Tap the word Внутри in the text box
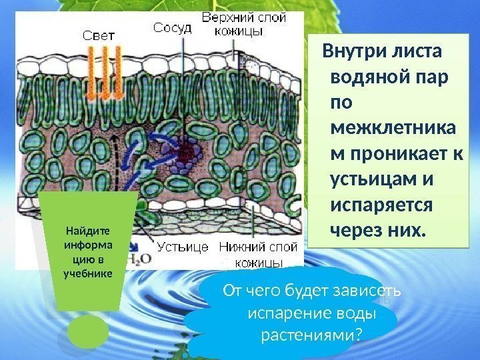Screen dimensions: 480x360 [353, 52]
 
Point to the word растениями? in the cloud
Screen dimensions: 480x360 [310, 334]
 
